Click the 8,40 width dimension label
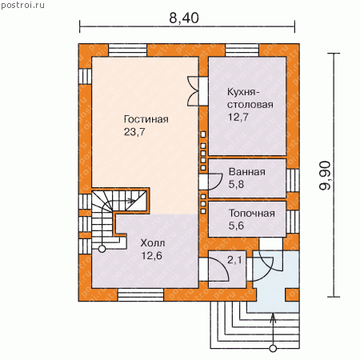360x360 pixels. click(184, 18)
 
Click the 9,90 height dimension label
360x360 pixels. click(325, 175)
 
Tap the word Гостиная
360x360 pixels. click(146, 119)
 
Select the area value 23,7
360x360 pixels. click(134, 132)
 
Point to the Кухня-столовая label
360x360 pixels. click(250, 98)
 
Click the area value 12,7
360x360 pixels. click(238, 117)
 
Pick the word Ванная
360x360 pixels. click(247, 172)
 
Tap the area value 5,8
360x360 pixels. click(236, 184)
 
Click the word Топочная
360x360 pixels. click(252, 214)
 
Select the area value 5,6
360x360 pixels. click(236, 226)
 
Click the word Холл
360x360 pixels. click(153, 243)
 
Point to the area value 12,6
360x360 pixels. click(152, 256)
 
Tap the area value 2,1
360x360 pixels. click(234, 260)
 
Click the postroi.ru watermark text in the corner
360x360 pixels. click(22, 6)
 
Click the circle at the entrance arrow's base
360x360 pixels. click(273, 348)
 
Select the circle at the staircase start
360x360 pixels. click(102, 249)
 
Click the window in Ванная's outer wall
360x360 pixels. click(293, 180)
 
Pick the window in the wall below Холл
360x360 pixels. click(141, 295)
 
